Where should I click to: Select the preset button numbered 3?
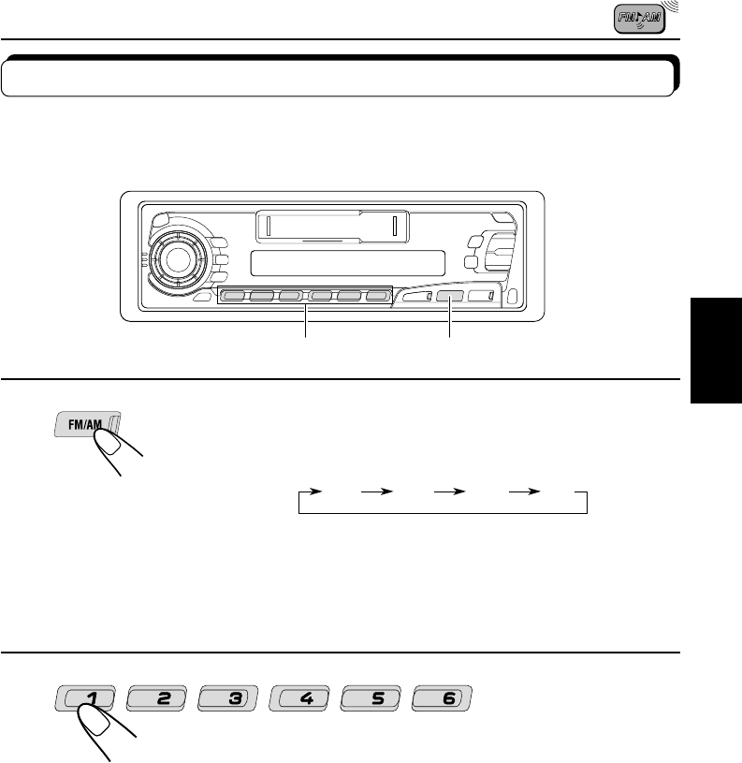tap(228, 697)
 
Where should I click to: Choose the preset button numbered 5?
tap(371, 697)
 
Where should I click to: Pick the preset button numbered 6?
tap(444, 697)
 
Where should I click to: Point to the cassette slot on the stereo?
tap(330, 226)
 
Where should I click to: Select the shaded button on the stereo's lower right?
tap(447, 299)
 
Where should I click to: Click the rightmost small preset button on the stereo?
tap(376, 299)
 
